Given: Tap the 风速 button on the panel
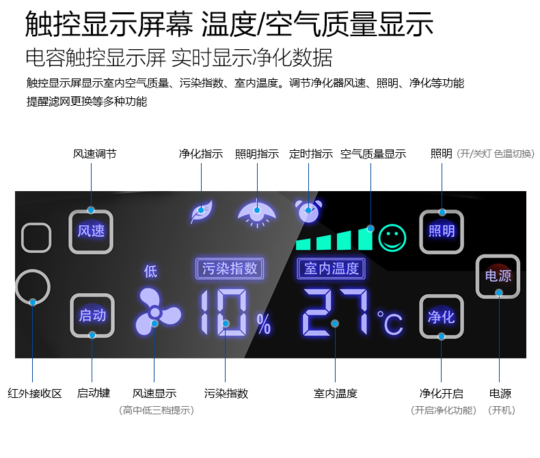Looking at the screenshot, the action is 91,231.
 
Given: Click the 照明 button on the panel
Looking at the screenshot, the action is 441,231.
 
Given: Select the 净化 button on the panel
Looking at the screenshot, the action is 441,316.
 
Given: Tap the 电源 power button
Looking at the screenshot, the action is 498,276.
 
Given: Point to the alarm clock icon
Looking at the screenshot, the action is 309,212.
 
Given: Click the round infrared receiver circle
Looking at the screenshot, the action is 32,287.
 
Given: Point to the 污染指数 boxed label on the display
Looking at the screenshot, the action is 230,268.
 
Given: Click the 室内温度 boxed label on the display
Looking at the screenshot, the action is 332,268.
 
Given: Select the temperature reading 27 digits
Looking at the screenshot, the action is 335,313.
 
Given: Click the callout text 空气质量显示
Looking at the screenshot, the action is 373,154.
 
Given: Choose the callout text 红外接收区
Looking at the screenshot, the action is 35,393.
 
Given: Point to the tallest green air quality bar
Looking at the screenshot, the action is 366,238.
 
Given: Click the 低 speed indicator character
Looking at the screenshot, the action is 150,271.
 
